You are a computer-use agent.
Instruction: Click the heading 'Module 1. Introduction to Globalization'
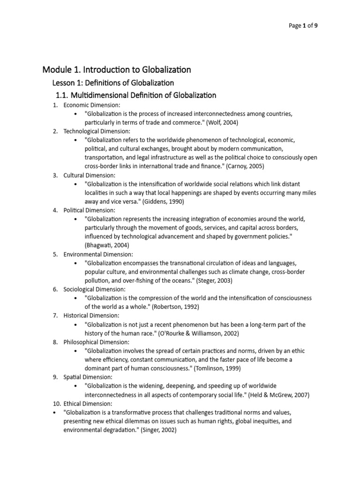[117, 70]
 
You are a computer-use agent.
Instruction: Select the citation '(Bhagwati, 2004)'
[106, 245]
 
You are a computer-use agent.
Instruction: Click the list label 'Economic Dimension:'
[92, 105]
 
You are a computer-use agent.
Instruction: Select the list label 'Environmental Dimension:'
[99, 254]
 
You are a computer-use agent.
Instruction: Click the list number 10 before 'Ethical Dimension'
[55, 404]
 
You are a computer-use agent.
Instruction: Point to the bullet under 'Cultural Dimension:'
[76, 184]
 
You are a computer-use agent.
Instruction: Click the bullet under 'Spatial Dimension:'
[76, 386]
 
